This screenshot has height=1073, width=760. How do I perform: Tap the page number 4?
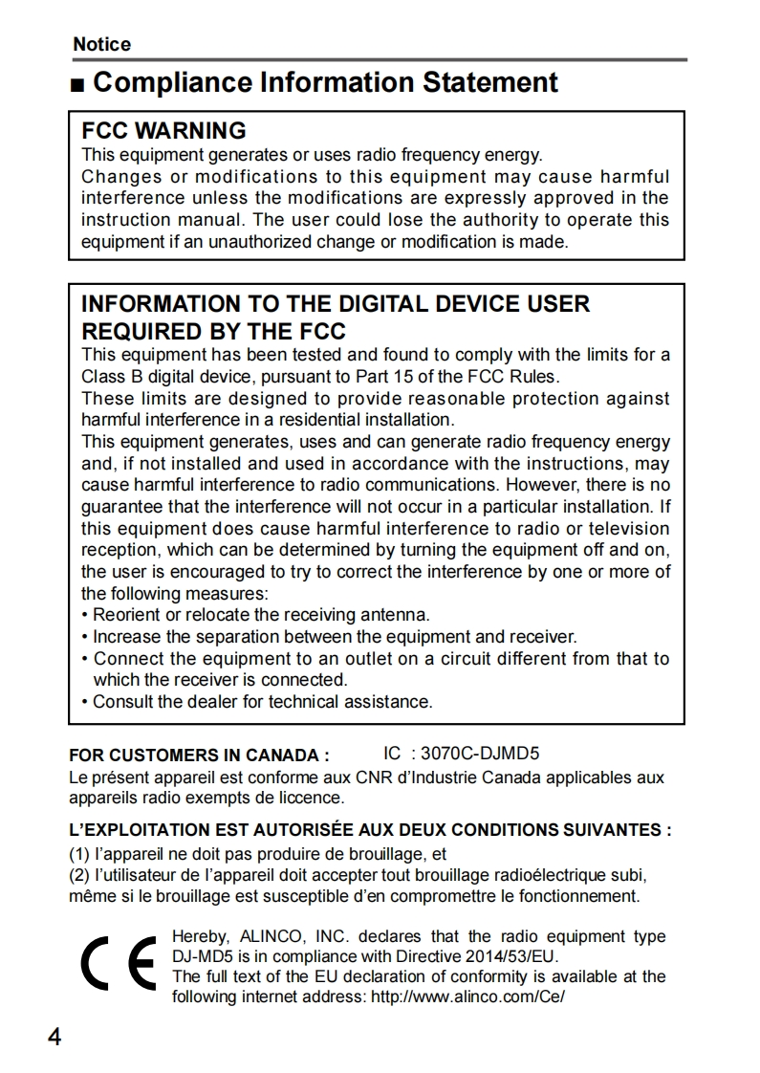(54, 1037)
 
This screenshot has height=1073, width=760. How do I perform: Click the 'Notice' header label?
(101, 44)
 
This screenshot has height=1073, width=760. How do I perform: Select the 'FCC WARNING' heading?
(163, 131)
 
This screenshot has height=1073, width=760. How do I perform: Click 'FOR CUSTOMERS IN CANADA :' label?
(199, 755)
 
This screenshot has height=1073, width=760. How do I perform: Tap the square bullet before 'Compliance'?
(77, 84)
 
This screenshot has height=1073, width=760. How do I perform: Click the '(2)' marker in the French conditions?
(79, 875)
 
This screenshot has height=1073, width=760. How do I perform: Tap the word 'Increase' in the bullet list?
(125, 637)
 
